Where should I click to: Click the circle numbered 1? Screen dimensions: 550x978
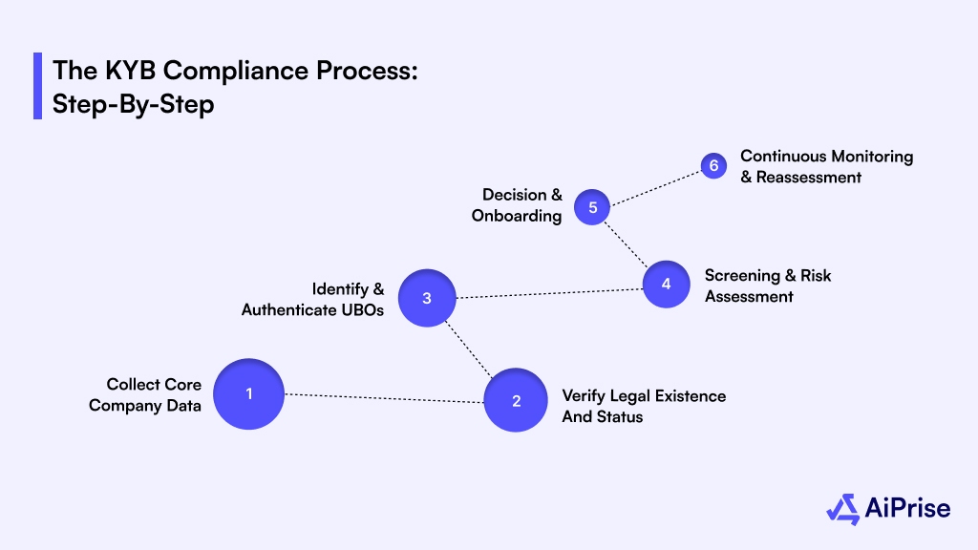pos(248,393)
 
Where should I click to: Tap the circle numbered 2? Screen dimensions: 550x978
pos(516,401)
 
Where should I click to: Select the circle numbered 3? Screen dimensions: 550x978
pos(427,298)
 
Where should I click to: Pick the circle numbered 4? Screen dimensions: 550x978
pos(666,285)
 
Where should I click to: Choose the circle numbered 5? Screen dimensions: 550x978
pos(592,207)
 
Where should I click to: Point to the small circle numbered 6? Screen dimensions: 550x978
pos(712,166)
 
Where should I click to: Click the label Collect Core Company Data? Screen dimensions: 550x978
pos(145,395)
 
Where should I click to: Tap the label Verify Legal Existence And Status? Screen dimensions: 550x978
pos(644,406)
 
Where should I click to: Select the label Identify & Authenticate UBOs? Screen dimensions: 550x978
pos(312,299)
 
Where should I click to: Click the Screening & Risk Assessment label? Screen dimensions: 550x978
pos(768,286)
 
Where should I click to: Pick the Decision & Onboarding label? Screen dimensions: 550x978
pos(517,205)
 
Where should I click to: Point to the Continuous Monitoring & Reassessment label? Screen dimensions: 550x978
pos(826,166)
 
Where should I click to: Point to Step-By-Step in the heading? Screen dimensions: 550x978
pos(133,103)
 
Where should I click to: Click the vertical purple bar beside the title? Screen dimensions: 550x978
pos(37,86)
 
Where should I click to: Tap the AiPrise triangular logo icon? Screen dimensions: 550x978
pos(843,508)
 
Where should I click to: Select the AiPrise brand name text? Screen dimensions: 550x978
pos(908,508)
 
